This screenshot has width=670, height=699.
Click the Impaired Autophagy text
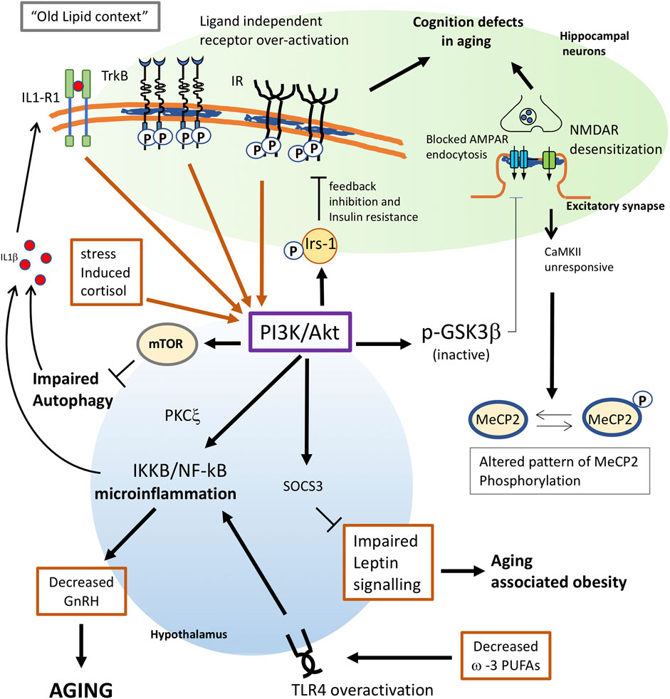pos(80,390)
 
